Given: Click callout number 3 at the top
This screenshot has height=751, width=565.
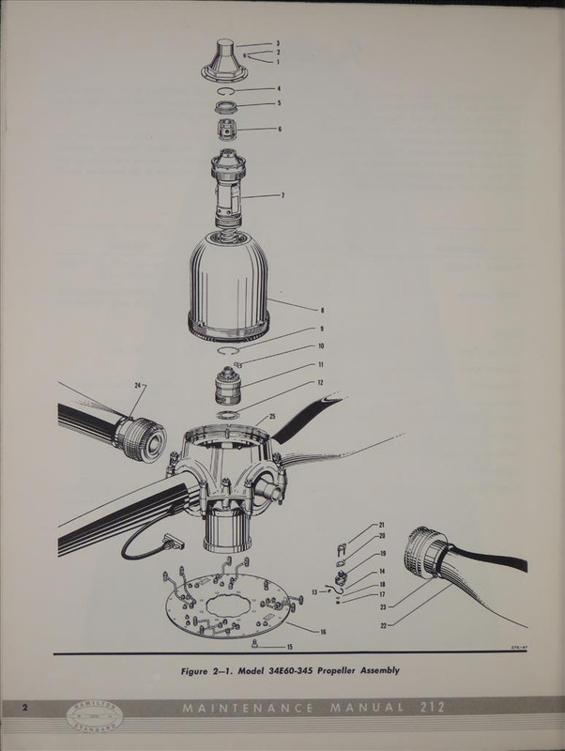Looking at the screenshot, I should [x=278, y=43].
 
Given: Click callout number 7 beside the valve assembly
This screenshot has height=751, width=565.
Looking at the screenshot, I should [x=282, y=195].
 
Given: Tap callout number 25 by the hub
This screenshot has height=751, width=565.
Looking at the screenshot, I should [x=271, y=416].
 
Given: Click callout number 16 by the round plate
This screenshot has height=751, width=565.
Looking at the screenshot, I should [x=322, y=632].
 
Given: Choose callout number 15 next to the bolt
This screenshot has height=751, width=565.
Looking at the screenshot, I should [x=289, y=647].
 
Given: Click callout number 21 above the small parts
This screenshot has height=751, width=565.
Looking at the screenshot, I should [x=382, y=525].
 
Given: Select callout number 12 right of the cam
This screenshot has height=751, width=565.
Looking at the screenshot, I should [x=321, y=383].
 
